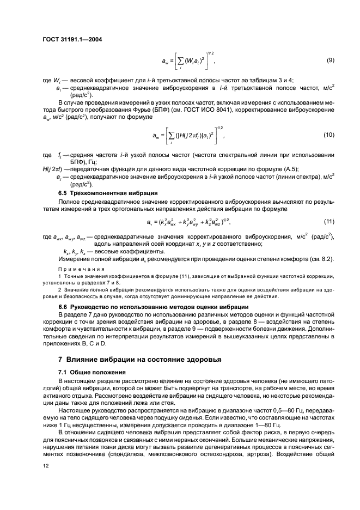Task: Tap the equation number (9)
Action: coord(330,59)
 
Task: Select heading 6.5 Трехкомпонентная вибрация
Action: coord(108,193)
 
